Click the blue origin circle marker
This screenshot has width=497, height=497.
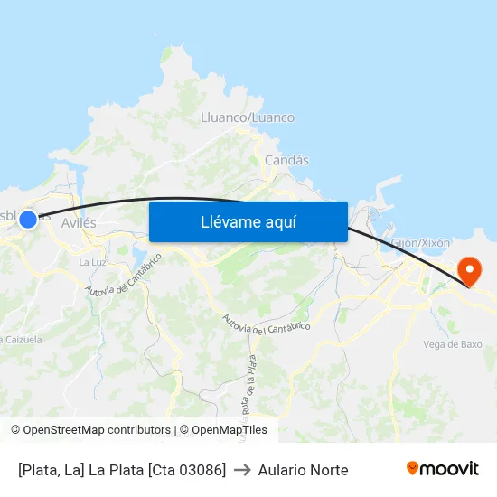point(28,219)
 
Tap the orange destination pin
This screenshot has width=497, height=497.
point(469,270)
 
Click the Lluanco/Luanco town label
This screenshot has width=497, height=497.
point(247,117)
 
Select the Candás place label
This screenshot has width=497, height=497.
point(286,160)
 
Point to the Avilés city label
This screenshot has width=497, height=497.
point(79,222)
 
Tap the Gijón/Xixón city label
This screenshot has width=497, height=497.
point(420,243)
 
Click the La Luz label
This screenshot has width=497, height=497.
point(93,263)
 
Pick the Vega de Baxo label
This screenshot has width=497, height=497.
point(453,344)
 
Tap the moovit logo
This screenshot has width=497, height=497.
point(442,469)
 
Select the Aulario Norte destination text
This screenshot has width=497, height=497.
point(303,470)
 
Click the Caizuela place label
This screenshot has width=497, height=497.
point(22,340)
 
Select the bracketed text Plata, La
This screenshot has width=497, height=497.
point(51,470)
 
